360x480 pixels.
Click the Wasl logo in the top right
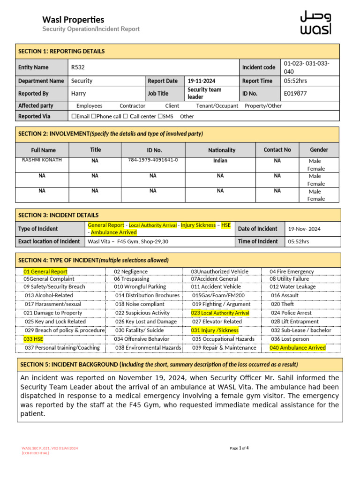pos(315,23)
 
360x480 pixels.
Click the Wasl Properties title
pos(73,20)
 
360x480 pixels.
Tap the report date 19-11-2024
pos(202,81)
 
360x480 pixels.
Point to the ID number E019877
pos(295,93)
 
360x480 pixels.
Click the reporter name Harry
pos(78,93)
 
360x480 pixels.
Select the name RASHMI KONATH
pos(42,160)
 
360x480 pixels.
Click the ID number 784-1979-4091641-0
pos(153,160)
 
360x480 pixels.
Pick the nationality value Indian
pos(220,161)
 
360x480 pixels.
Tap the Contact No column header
pos(277,150)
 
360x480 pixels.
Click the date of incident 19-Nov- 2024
pos(304,229)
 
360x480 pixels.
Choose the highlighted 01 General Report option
pos(45,271)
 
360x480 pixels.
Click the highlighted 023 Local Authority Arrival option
pos(220,313)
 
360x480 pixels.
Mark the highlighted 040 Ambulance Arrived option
pos(297,348)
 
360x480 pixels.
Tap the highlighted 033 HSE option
pos(33,339)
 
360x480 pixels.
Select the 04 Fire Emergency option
pos(292,271)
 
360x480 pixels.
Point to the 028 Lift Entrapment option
pos(294,322)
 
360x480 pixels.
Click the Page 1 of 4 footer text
pos(239,448)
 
